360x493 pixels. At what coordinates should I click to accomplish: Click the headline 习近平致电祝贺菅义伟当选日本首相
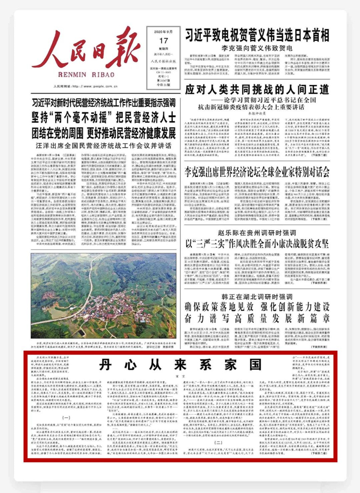(257, 35)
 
